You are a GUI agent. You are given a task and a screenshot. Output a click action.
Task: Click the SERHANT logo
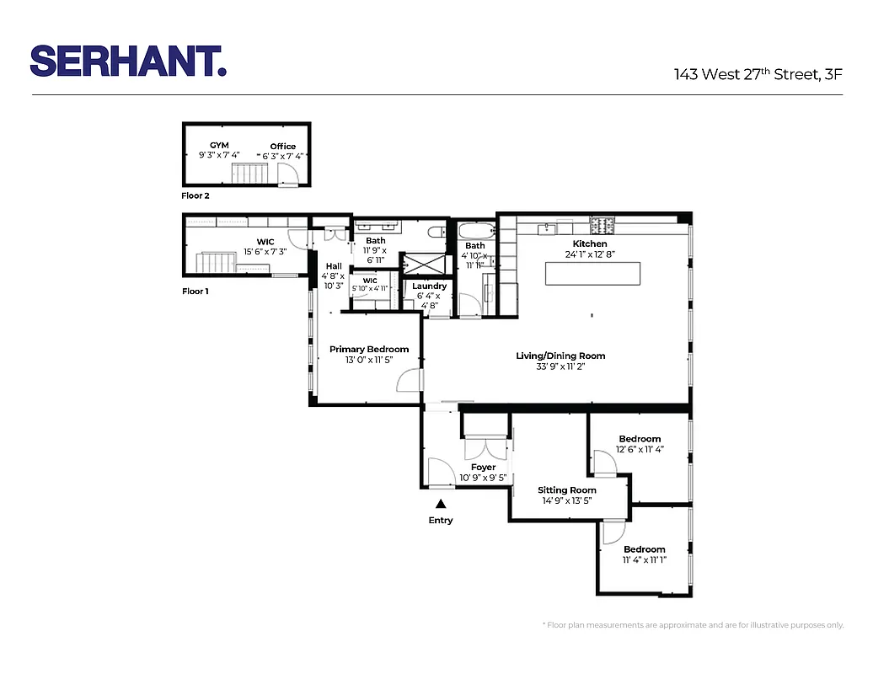[x=128, y=61]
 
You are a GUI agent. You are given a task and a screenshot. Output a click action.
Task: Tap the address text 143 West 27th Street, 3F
[x=758, y=74]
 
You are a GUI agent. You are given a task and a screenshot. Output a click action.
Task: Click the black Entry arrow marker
[x=440, y=504]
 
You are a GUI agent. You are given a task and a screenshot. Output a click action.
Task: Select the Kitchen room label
[x=590, y=243]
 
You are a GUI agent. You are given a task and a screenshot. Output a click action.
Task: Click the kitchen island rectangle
[x=592, y=275]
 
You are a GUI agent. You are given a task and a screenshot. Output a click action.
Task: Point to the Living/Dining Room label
[x=560, y=356]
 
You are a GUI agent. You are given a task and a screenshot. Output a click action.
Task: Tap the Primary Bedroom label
[x=369, y=349]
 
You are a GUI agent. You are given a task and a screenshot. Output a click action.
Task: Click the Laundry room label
[x=430, y=286]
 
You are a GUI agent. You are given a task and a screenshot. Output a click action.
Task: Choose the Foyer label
[x=483, y=467]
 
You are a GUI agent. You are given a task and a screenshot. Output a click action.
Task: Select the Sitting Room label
[x=567, y=489]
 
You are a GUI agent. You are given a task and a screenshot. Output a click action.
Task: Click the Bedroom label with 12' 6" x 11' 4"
[x=640, y=439]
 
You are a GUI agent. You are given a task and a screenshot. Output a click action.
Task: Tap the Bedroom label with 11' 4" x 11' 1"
[x=645, y=549]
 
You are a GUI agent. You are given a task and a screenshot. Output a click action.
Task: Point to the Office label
[x=283, y=146]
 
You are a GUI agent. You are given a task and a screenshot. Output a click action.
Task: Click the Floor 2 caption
[x=195, y=195]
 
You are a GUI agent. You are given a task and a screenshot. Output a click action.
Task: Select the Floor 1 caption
[x=195, y=292]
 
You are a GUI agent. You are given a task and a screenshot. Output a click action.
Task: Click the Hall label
[x=334, y=266]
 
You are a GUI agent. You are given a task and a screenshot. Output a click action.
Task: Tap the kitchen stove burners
[x=603, y=226]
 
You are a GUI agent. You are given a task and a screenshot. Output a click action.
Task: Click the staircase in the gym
[x=249, y=174]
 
